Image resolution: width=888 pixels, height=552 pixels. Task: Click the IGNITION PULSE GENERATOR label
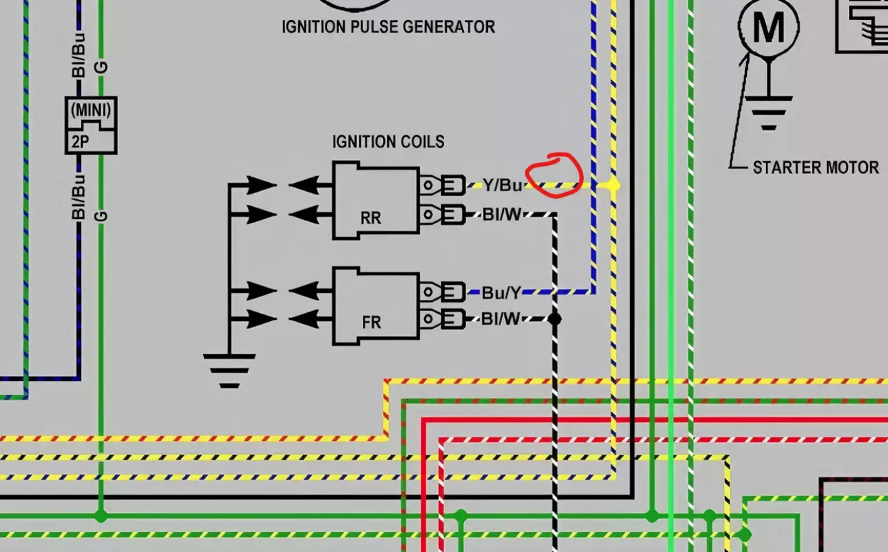click(388, 27)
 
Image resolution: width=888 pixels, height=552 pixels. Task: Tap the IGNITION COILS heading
click(388, 142)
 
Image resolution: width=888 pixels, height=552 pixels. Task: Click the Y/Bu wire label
click(502, 185)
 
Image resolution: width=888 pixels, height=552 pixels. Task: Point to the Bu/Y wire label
click(502, 292)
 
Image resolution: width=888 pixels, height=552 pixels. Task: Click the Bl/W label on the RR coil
click(502, 215)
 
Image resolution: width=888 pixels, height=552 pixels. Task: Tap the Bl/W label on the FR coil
click(501, 318)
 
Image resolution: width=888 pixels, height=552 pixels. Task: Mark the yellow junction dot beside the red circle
click(613, 185)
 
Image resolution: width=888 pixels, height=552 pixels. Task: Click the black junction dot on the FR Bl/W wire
click(554, 318)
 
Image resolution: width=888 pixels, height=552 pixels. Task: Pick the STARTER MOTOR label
click(815, 167)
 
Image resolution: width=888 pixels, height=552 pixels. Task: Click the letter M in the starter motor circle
click(768, 27)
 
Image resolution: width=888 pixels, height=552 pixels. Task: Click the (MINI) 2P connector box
click(91, 125)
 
